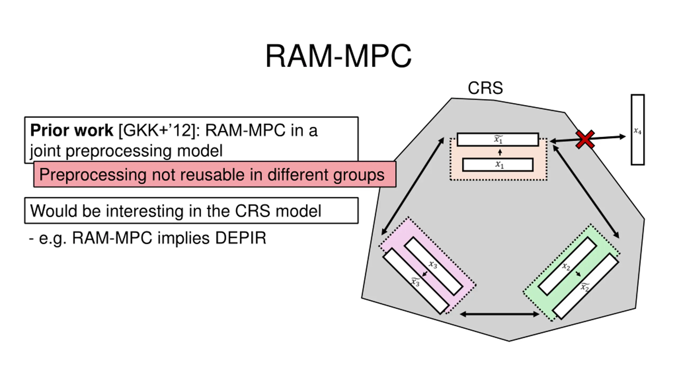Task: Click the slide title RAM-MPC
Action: [338, 56]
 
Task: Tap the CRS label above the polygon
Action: [485, 88]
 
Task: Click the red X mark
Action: [585, 139]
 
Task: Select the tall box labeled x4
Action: [638, 130]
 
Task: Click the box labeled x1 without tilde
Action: [498, 165]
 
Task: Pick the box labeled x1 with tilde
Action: [498, 139]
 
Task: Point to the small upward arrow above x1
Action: [500, 152]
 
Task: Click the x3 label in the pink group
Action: [433, 264]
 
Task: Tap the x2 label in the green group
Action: [566, 266]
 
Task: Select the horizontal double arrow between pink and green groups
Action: [499, 314]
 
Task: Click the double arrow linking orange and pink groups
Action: [413, 186]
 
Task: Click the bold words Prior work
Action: [71, 130]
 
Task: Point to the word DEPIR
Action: [240, 238]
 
